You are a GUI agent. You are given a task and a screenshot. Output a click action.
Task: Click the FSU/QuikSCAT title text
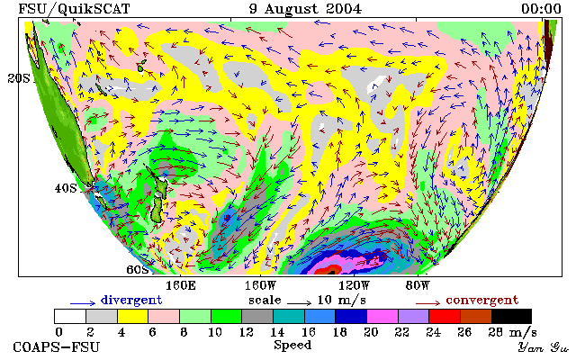point(74,9)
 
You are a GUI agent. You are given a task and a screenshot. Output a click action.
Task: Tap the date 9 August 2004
point(305,9)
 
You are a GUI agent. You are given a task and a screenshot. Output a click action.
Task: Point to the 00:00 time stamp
point(541,9)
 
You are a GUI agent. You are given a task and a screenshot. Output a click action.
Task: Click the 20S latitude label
point(19,78)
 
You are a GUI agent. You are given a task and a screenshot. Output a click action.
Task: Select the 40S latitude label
point(66,188)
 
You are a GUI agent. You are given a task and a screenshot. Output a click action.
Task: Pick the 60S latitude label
point(138,269)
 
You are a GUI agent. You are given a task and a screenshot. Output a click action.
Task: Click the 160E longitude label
point(180,286)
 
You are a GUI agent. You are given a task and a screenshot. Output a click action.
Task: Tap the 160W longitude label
point(260,286)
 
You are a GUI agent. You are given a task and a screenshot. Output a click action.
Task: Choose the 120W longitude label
point(354,286)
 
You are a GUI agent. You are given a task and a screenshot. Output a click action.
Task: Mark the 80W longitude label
point(418,286)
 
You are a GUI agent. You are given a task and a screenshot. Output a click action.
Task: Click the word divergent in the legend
point(131,301)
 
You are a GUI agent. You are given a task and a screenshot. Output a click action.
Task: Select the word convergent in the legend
point(482,301)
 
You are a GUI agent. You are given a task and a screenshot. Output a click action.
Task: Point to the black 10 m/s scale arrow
point(299,302)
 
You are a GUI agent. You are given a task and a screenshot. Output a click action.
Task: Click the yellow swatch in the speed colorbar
point(133,317)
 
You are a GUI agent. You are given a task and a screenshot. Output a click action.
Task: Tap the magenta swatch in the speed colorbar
point(382,317)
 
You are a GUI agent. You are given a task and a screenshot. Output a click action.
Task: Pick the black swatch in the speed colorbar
point(511,317)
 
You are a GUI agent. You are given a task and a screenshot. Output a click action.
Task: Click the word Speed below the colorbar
point(292,346)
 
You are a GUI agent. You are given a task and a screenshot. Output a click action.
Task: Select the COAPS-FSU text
point(57,347)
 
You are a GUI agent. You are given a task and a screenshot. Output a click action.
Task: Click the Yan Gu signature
point(544,347)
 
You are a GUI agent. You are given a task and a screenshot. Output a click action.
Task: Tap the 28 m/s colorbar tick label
point(512,332)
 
